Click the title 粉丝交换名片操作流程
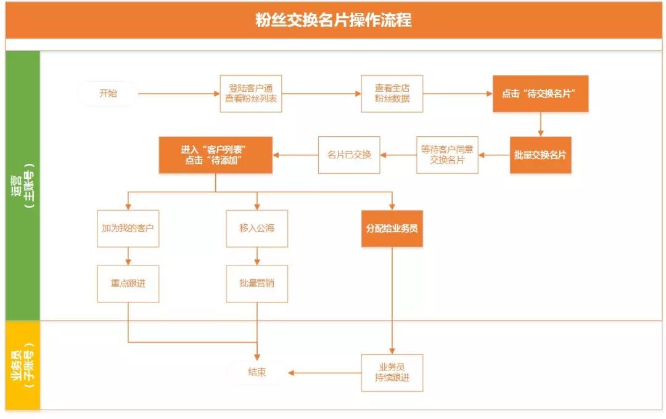point(333,20)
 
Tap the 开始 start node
point(108,94)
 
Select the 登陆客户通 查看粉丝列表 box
point(251,94)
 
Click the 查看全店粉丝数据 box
point(392,94)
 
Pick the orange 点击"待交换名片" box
point(540,94)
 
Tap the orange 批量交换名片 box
point(540,155)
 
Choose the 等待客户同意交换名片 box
point(447,155)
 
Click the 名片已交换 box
point(349,155)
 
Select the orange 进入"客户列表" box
point(216,155)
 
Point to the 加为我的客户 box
point(128,229)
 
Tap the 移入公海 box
point(257,229)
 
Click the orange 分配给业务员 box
point(392,229)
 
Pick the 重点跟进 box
point(128,283)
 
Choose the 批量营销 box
point(257,283)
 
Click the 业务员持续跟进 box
point(392,373)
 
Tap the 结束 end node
point(257,373)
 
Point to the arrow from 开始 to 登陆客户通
point(179,94)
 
